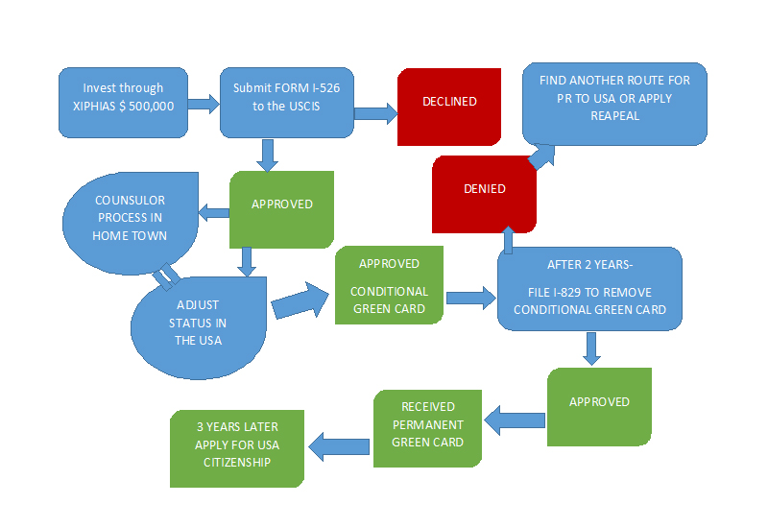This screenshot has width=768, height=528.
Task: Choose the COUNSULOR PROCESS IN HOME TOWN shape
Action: [130, 219]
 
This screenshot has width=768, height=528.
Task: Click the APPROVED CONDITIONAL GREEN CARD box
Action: [388, 285]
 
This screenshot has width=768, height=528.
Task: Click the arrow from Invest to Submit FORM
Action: [204, 104]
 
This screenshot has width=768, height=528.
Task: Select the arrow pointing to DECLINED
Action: [375, 113]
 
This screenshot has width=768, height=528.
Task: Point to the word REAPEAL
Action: [614, 115]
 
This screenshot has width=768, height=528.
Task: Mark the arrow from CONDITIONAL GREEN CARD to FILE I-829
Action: [470, 298]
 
